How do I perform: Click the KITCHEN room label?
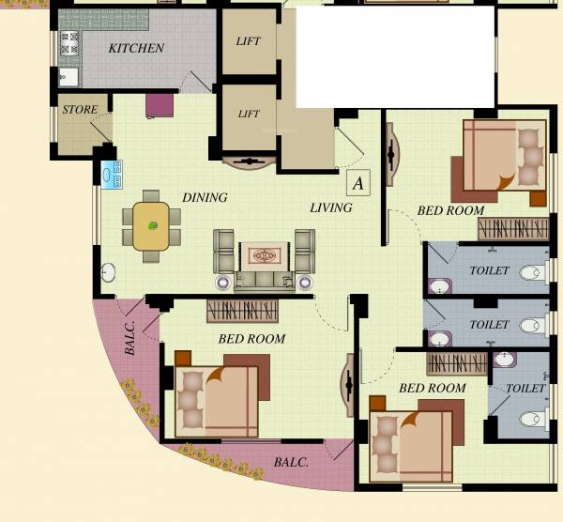coord(136,48)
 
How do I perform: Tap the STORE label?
coord(80,110)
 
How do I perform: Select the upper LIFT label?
coord(249,41)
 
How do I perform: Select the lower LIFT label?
coord(249,115)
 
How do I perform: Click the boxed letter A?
coord(358,182)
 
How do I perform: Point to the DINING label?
coord(205,198)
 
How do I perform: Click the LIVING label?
coord(331,207)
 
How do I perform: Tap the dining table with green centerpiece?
coord(151,225)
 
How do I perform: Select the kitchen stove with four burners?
coord(69,43)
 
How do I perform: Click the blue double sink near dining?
coord(112,175)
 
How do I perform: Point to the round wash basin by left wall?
coord(108,273)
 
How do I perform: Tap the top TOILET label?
coord(489,271)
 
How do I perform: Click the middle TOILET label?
coord(489,325)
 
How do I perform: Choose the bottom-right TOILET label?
coord(525,388)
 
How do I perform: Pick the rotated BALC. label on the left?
coord(130,338)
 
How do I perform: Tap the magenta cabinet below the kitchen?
coord(160,104)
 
